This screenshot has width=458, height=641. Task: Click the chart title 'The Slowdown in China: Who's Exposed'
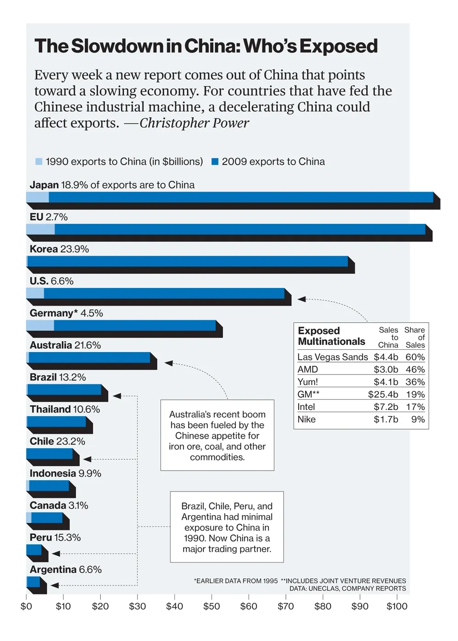click(206, 46)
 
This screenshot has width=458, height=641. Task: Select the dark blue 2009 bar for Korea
click(188, 261)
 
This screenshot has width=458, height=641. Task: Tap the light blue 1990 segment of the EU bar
click(40, 229)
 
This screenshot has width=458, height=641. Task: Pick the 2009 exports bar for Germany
click(135, 326)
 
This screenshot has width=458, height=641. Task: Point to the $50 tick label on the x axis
click(212, 606)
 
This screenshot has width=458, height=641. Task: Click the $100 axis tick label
click(397, 606)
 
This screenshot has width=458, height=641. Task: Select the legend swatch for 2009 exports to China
click(215, 162)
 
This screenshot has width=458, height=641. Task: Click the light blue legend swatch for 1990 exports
click(39, 162)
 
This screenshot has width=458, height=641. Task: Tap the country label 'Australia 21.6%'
click(65, 345)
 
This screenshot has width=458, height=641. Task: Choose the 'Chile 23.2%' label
click(57, 441)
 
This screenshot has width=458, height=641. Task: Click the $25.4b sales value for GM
click(383, 394)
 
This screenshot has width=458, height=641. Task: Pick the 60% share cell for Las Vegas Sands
click(415, 357)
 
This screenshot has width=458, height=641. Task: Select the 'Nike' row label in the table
click(306, 419)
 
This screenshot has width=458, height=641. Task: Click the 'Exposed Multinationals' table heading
click(331, 336)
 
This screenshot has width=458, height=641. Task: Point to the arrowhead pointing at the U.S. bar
click(301, 299)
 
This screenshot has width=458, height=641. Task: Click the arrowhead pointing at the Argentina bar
click(55, 585)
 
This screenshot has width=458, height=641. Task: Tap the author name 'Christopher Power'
click(194, 123)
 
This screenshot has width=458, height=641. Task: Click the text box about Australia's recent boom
click(217, 435)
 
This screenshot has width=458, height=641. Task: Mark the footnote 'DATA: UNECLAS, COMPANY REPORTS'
click(347, 588)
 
